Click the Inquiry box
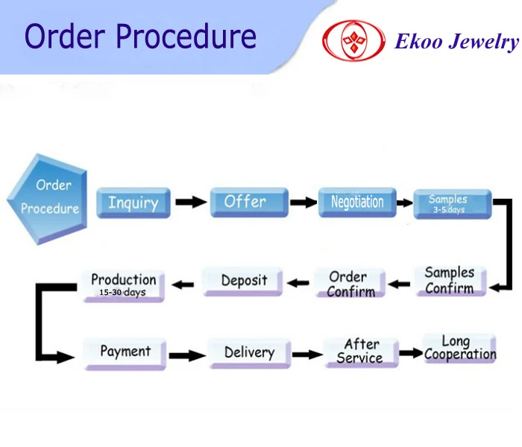click(x=133, y=202)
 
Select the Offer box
click(x=245, y=202)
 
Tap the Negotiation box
click(x=357, y=202)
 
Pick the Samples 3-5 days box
click(x=452, y=203)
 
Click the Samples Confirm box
click(x=450, y=280)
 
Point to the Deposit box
click(x=244, y=281)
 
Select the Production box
click(x=123, y=285)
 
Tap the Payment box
click(x=125, y=352)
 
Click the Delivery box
click(x=249, y=353)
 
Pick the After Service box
click(x=362, y=351)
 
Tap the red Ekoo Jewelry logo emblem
click(x=353, y=41)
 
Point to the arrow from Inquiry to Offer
click(x=190, y=202)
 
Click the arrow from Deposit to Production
click(x=183, y=284)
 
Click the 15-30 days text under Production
click(x=122, y=293)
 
